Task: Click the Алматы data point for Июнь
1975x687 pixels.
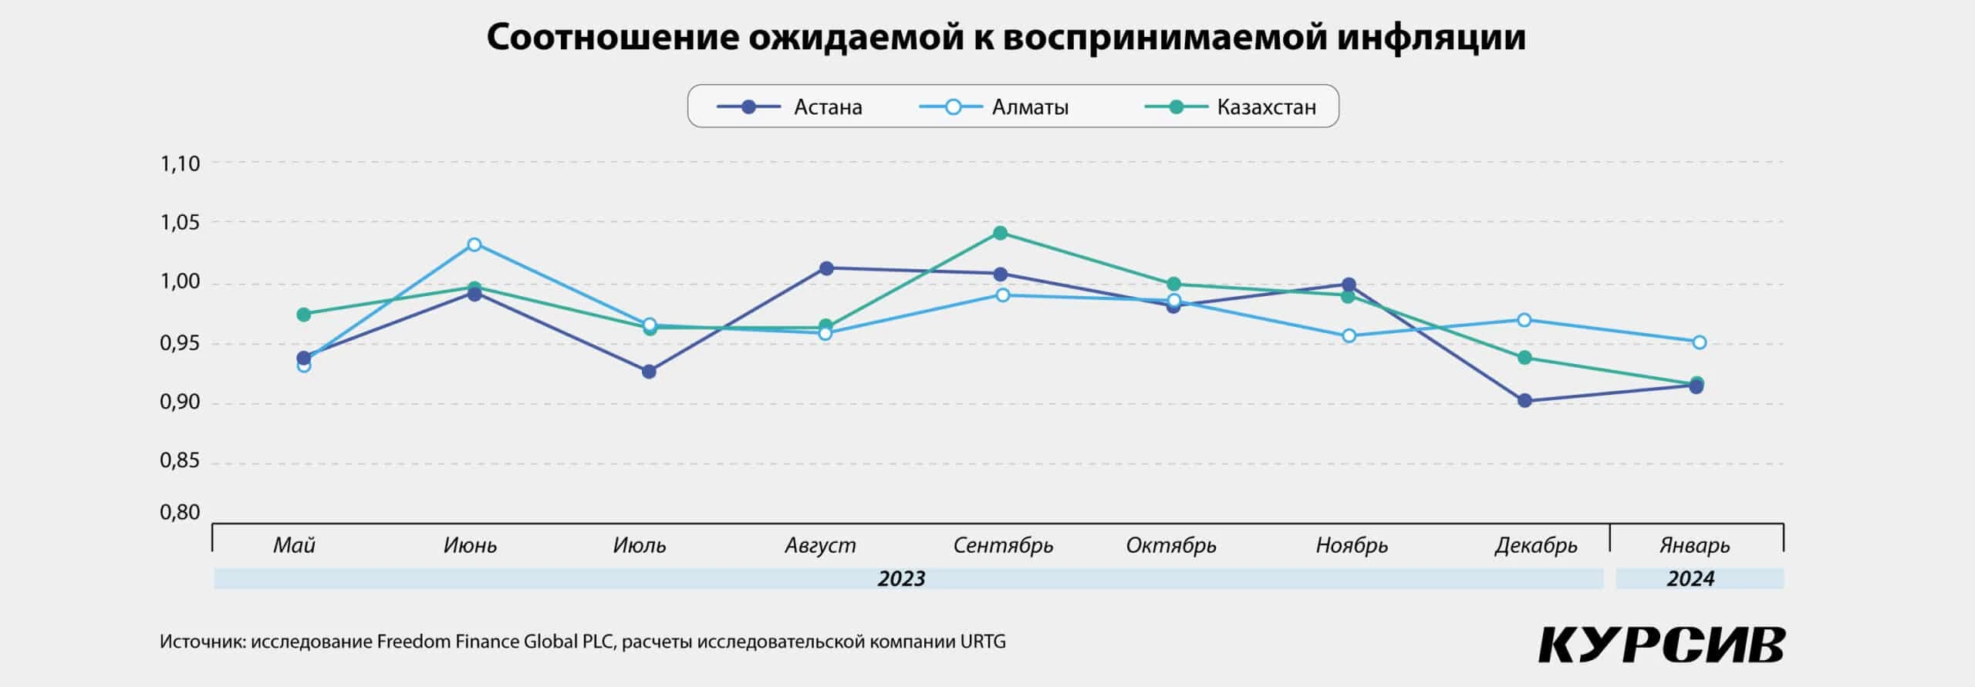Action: point(474,245)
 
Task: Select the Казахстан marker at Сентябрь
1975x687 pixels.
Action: point(1001,233)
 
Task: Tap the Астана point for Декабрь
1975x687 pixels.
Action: point(1524,401)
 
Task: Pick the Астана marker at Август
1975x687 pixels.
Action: point(826,268)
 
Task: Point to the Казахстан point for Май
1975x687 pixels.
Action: point(304,315)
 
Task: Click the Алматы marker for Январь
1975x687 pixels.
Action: point(1699,342)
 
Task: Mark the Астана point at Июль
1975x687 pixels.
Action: point(649,372)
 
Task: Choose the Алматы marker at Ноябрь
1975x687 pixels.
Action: point(1349,336)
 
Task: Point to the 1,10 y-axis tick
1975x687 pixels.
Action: point(180,163)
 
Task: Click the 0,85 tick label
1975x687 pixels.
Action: point(180,461)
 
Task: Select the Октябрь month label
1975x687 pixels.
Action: point(1171,546)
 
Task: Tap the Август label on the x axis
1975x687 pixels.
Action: point(820,546)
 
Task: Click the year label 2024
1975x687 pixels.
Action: point(1690,579)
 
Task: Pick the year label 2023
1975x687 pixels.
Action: point(901,579)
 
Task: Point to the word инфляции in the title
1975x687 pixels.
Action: point(1431,37)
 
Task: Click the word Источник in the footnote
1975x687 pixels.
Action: point(202,642)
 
